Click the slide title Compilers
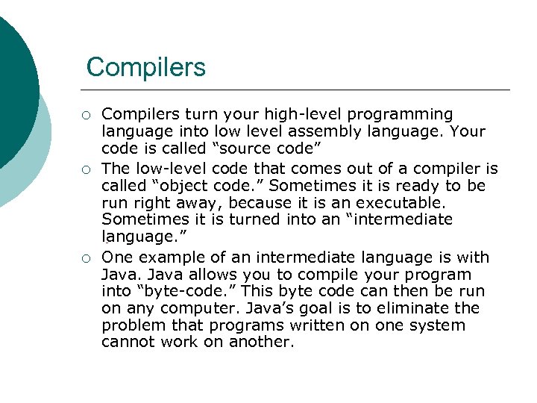[145, 67]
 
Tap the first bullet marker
[87, 115]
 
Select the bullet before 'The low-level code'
[87, 169]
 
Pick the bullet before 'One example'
[87, 258]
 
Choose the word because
[261, 203]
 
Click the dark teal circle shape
[11, 82]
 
